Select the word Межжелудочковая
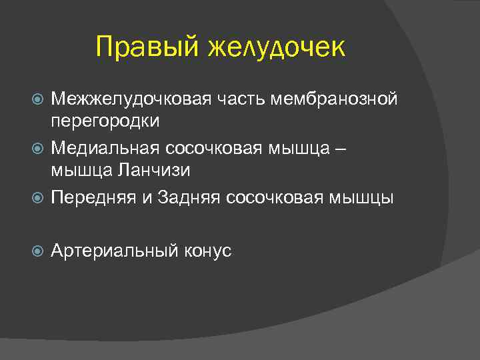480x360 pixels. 129,99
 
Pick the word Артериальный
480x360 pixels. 115,251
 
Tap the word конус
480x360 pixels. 207,251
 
